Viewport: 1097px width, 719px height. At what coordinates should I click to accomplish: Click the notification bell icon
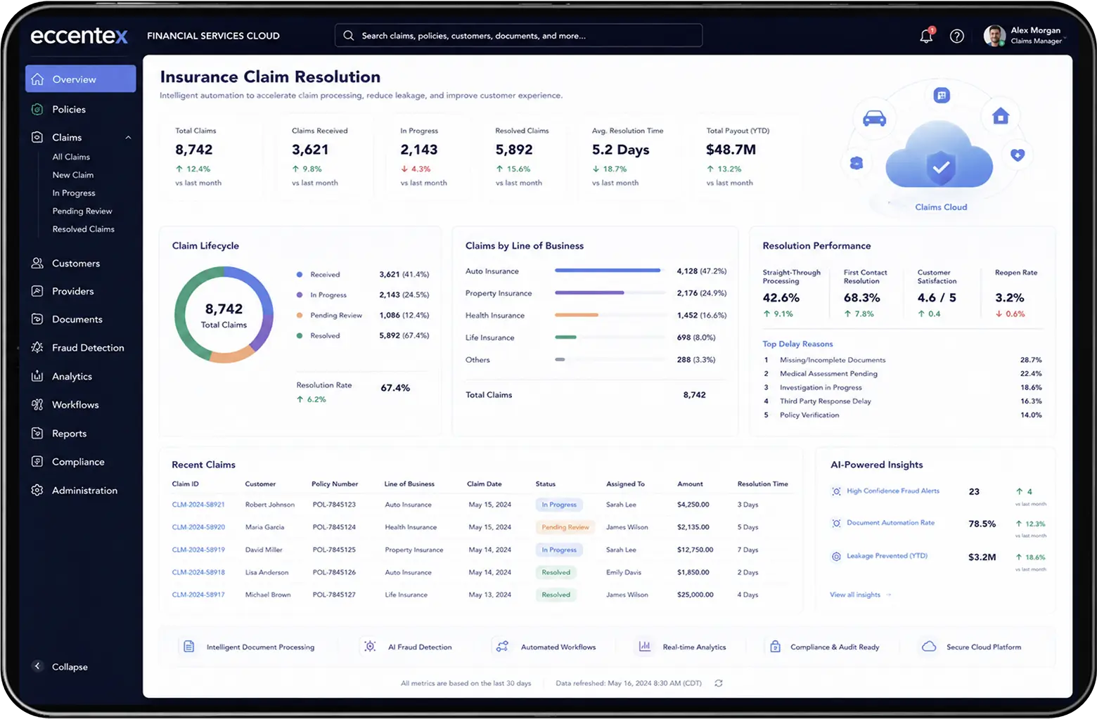coord(926,36)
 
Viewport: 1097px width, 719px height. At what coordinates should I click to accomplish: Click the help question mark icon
coord(956,36)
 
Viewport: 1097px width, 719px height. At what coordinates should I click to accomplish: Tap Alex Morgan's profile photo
coord(994,36)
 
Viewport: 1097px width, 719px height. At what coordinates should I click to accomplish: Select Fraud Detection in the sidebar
coord(88,347)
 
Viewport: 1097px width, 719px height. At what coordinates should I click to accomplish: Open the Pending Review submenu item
coord(82,211)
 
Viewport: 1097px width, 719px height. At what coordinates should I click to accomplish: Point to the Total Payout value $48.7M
coord(731,149)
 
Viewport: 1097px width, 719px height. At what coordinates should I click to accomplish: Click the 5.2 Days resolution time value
coord(620,149)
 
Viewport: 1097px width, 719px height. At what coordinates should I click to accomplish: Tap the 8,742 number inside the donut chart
coord(224,309)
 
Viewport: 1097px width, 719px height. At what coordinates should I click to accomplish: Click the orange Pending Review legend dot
coord(300,315)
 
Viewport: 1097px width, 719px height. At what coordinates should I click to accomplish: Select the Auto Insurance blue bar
coord(608,270)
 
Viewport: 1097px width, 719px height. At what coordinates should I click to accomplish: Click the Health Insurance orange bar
coord(577,315)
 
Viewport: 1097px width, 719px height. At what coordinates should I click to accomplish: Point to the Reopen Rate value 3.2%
coord(1009,297)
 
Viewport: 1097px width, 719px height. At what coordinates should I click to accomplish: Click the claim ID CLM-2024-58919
coord(198,550)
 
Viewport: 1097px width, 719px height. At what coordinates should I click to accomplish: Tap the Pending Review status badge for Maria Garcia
coord(565,527)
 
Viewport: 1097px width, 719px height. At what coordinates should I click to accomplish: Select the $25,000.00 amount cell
coord(695,595)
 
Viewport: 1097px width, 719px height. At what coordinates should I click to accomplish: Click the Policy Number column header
coord(335,484)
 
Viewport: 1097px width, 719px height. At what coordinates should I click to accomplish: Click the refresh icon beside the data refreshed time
coord(719,683)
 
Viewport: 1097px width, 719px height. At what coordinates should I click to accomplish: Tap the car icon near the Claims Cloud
coord(874,119)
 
